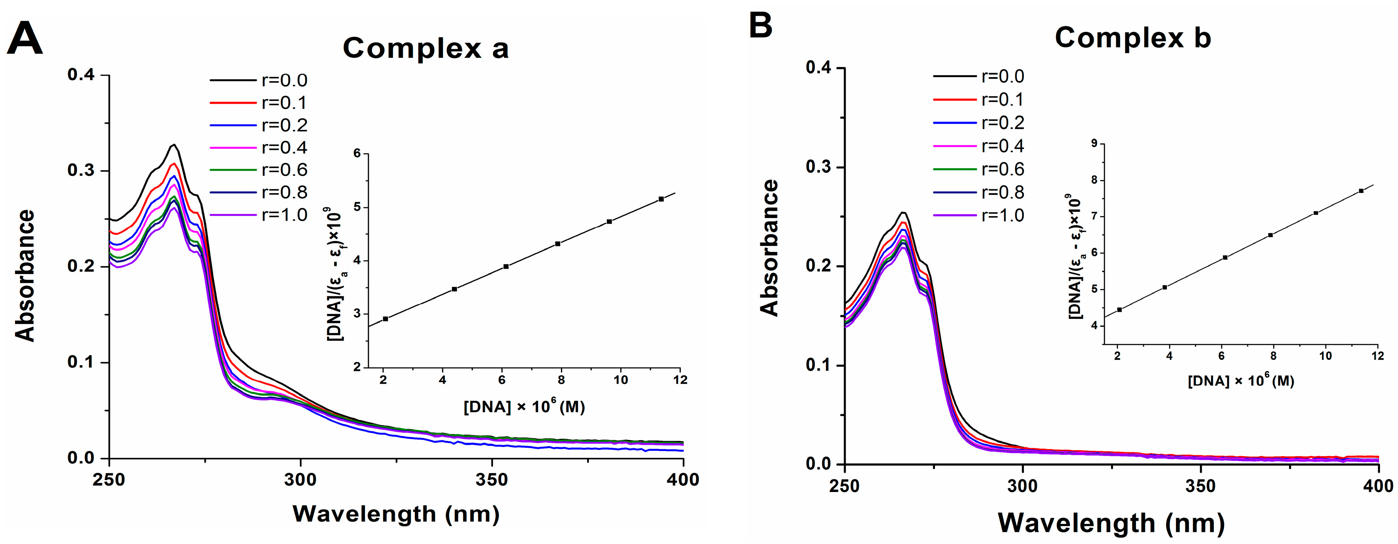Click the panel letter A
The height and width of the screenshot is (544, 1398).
pyautogui.click(x=24, y=39)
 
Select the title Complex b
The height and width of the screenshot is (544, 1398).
pyautogui.click(x=1133, y=38)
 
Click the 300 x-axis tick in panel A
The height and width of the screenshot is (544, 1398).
pyautogui.click(x=300, y=480)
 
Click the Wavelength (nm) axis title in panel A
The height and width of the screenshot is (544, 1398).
pyautogui.click(x=396, y=513)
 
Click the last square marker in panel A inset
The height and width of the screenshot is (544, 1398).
pyautogui.click(x=661, y=199)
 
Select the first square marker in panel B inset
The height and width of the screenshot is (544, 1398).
pyautogui.click(x=1119, y=310)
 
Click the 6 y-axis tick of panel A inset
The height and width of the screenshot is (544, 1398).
pyautogui.click(x=356, y=154)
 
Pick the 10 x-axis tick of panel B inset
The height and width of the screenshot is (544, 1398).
pyautogui.click(x=1325, y=356)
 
